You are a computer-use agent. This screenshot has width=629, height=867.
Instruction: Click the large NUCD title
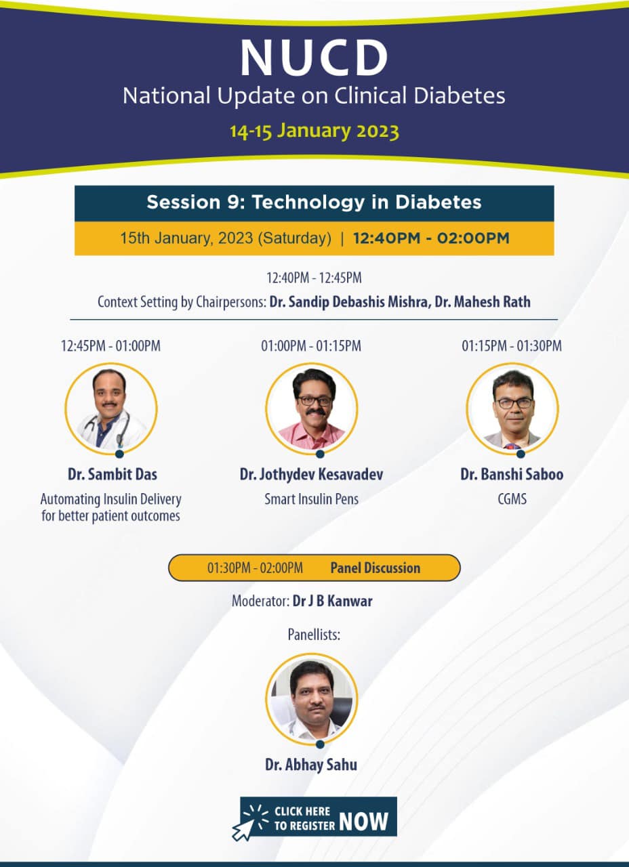[x=314, y=57]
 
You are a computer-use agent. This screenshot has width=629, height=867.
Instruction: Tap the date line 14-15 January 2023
[x=314, y=131]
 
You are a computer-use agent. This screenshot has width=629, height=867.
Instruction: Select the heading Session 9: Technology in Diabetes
[x=314, y=203]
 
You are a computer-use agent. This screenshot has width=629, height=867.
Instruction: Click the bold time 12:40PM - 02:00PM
[x=431, y=238]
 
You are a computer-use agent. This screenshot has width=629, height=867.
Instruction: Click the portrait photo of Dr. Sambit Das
[x=111, y=408]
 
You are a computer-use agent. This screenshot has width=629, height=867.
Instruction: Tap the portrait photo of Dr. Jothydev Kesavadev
[x=312, y=408]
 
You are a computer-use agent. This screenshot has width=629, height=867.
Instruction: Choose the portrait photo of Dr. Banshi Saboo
[x=512, y=408]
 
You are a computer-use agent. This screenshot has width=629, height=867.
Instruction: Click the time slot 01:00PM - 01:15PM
[x=311, y=346]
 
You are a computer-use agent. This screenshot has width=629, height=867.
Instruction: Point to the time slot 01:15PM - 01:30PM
[x=512, y=346]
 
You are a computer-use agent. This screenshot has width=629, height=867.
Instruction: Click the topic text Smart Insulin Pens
[x=311, y=499]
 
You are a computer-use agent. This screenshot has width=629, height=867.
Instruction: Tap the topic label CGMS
[x=512, y=499]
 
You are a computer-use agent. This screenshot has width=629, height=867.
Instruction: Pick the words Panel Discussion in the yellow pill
[x=375, y=568]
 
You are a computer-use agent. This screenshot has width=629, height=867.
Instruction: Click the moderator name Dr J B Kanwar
[x=332, y=601]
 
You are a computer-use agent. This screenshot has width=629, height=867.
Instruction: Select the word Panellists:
[x=313, y=635]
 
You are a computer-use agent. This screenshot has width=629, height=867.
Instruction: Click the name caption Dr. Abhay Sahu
[x=311, y=765]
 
